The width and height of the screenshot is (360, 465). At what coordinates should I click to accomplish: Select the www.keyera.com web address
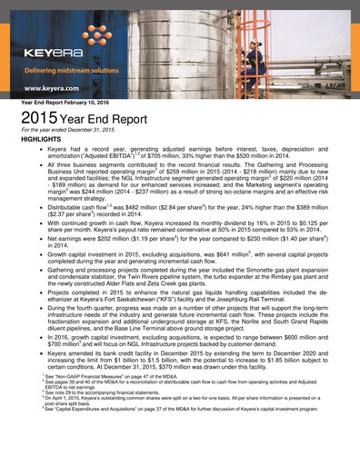coord(55,88)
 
